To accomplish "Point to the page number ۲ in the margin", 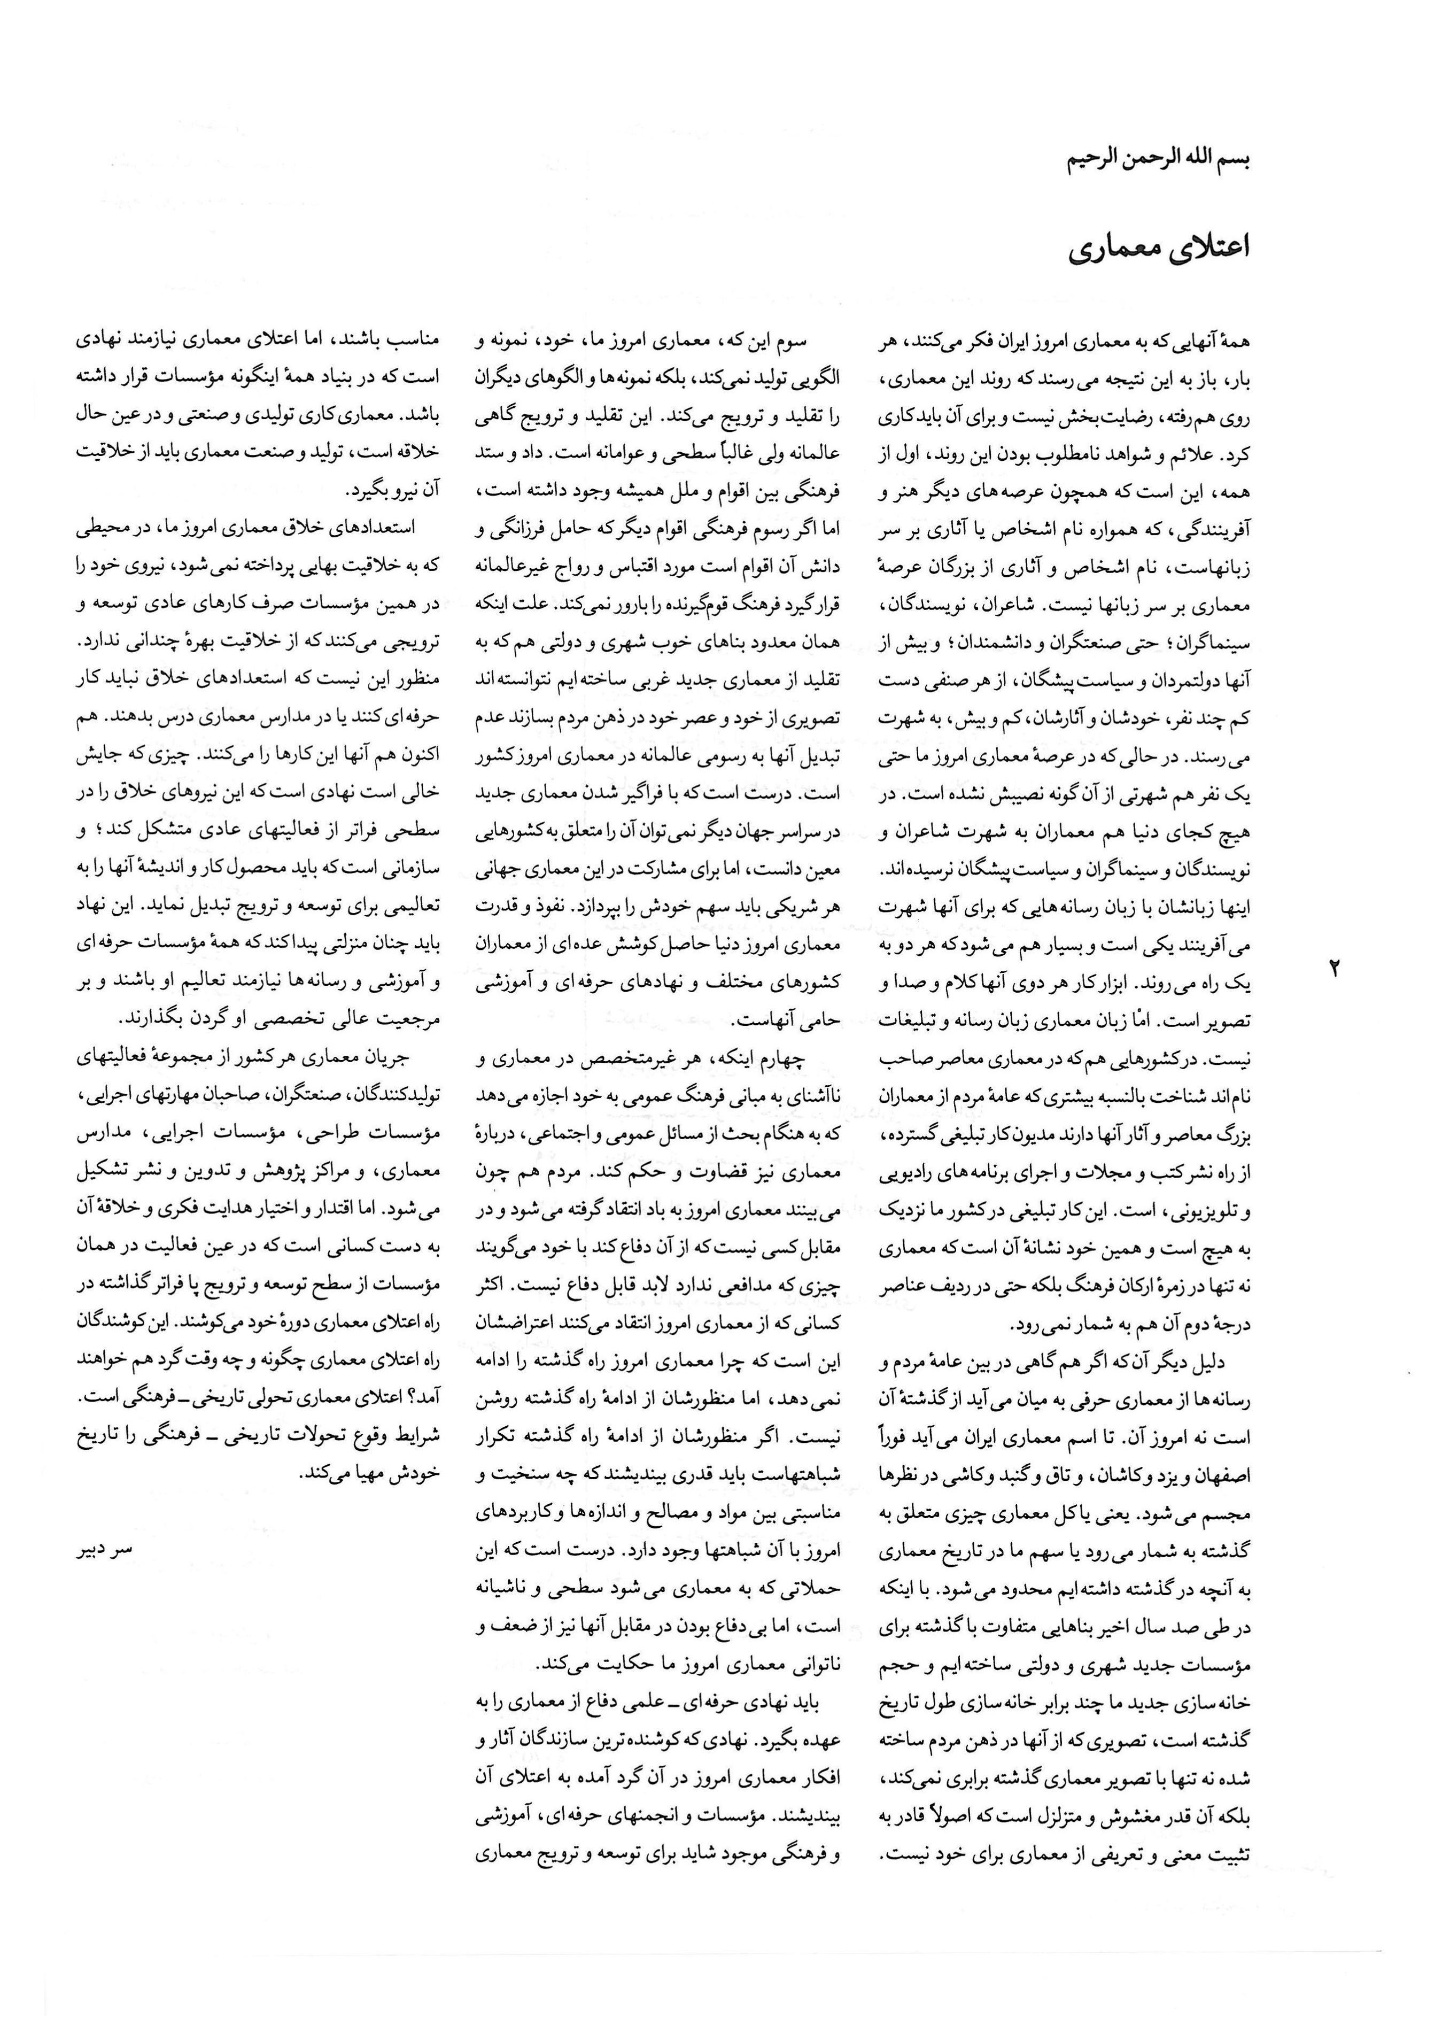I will (x=1335, y=967).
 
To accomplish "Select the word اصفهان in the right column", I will (x=1225, y=1474).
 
